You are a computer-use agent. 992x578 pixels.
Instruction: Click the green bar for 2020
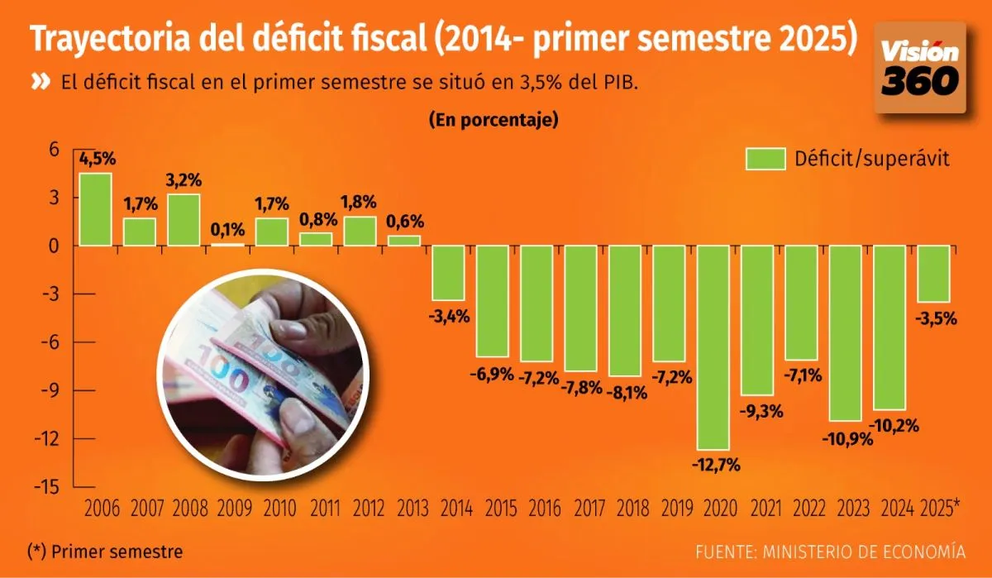(713, 347)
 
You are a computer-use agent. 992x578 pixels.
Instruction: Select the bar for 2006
(95, 209)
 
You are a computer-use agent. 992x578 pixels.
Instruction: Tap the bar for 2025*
(933, 274)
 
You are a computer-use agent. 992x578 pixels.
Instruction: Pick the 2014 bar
(447, 273)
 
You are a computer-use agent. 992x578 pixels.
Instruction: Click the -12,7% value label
(713, 464)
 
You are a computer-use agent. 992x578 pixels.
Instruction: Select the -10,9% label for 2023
(845, 438)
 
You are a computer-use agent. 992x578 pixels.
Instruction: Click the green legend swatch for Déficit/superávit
(765, 159)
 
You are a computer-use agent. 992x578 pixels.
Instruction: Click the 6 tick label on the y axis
(54, 150)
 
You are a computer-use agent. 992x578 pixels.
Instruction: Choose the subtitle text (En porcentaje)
(494, 120)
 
